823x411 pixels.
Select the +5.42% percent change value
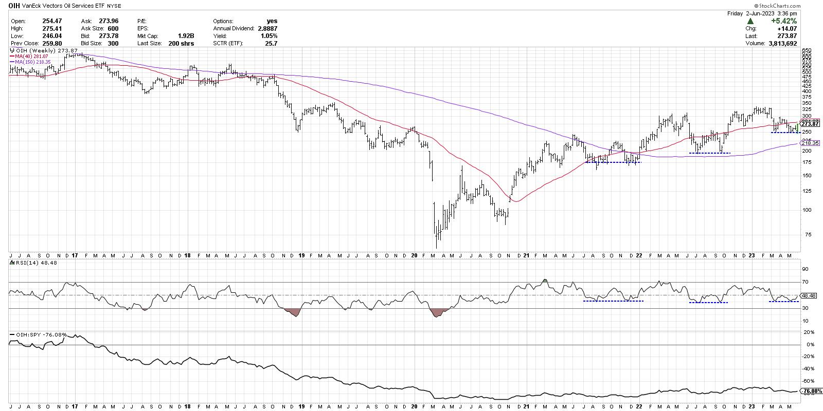[784, 21]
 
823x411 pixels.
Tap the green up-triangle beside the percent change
[751, 21]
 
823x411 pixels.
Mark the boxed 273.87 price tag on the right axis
[810, 124]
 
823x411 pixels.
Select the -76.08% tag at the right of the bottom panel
[810, 391]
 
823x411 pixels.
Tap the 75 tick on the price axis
[806, 234]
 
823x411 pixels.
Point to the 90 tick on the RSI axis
[806, 269]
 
